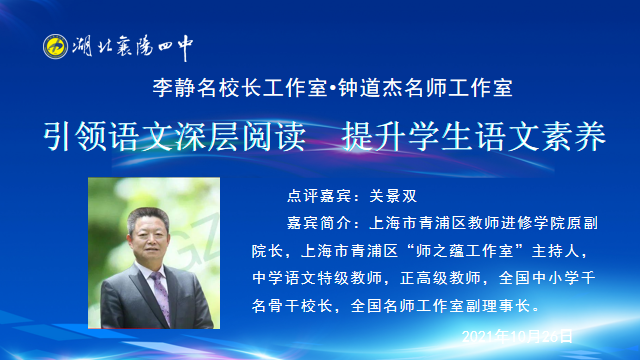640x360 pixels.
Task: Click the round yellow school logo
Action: (x=56, y=47)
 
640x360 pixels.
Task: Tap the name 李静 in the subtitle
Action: (x=165, y=88)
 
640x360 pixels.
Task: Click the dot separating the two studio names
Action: (x=332, y=88)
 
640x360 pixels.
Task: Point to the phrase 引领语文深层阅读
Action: (x=176, y=137)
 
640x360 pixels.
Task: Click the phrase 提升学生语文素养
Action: (x=473, y=137)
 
